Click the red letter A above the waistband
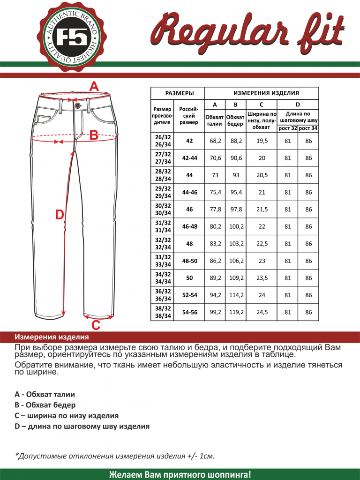click(94, 87)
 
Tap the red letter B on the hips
click(94, 136)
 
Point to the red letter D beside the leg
click(60, 215)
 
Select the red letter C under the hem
click(96, 325)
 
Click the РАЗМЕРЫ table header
click(178, 93)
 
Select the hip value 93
click(236, 175)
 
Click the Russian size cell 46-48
click(189, 226)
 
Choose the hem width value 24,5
click(262, 312)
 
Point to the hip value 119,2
click(236, 312)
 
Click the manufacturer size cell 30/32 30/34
click(162, 209)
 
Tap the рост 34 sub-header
click(308, 128)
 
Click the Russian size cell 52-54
click(189, 295)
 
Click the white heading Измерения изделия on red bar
click(52, 337)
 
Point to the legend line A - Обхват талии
click(45, 395)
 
